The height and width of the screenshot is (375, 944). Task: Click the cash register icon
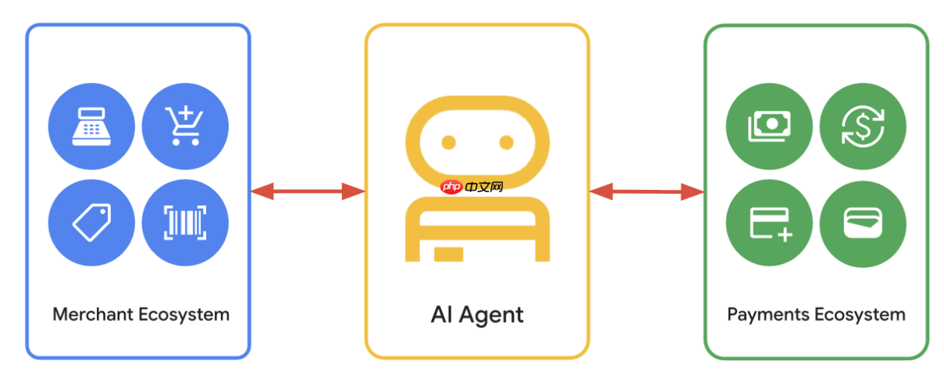coord(91,126)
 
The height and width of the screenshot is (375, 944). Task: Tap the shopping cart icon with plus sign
coord(185,126)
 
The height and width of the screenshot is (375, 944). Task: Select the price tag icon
coord(91,223)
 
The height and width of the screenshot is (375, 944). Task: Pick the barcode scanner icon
coord(185,223)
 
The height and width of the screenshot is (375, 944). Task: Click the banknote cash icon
coord(769,126)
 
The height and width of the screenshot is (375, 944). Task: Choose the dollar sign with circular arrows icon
coord(863,126)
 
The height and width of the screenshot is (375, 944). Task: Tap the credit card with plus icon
coord(769,223)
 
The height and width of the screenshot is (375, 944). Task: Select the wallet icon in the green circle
coord(863,223)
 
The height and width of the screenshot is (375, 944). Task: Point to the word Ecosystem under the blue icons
coord(184,315)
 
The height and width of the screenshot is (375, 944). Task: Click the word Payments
coord(768,315)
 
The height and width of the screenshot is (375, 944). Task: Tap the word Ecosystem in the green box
coord(860,315)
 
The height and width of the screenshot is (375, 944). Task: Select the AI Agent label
coord(477,315)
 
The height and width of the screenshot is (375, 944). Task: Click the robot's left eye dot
coord(448,142)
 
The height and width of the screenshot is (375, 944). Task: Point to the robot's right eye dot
coord(506,142)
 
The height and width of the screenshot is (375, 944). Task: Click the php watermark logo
coord(472,187)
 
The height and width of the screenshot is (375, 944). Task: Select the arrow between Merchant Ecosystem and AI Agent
coord(308,191)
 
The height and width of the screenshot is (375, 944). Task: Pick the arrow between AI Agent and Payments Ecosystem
coord(647,191)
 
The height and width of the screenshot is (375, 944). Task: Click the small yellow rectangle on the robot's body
coord(448,254)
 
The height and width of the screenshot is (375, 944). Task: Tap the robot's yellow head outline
coord(477,103)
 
